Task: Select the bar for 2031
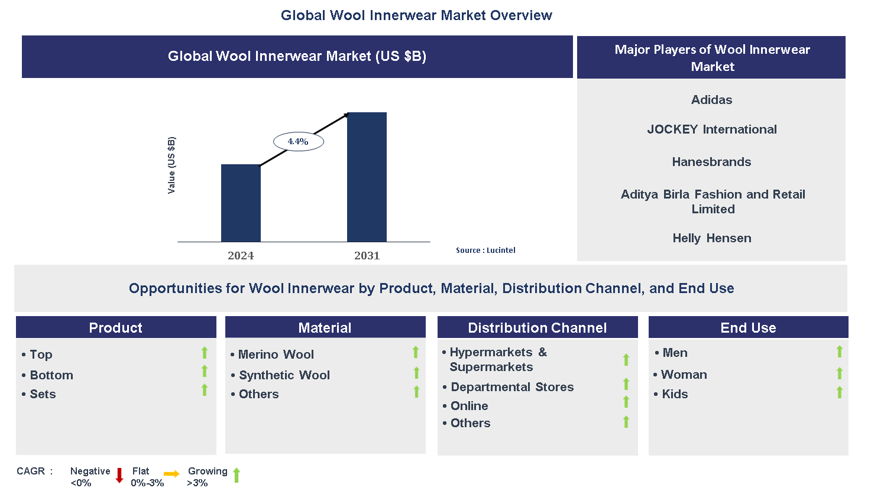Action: coord(367,177)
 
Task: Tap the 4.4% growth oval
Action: coord(298,142)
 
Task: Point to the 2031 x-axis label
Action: coord(367,256)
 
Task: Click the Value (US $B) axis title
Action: coord(171,165)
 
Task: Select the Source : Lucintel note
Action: coord(485,251)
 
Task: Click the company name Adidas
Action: coord(711,100)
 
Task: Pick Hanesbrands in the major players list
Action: coord(711,162)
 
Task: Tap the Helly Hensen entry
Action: coord(711,238)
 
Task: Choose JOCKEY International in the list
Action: coord(711,129)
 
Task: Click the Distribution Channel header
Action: coord(537,328)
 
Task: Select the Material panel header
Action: coord(325,328)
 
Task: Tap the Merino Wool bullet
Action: coord(276,355)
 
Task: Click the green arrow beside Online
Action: coord(626,402)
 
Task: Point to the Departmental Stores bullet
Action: coord(512,387)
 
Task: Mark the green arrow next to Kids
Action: coord(839,392)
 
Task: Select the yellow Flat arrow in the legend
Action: coord(171,474)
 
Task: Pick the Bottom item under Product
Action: coord(51,375)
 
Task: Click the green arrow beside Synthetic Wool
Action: coord(416,373)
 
